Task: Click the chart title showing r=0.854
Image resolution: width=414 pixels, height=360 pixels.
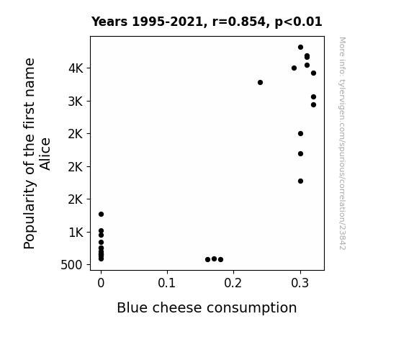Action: [x=207, y=22]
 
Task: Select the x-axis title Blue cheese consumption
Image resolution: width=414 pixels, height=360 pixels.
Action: [x=207, y=308]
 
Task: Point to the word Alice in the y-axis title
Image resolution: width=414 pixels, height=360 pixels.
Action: [x=45, y=154]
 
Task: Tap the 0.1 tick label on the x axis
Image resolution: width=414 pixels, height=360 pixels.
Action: [x=166, y=283]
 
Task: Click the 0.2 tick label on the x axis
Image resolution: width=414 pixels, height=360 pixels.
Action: [x=233, y=283]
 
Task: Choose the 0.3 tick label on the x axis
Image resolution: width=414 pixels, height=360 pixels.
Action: [x=300, y=283]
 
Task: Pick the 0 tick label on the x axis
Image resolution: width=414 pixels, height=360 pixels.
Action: [x=101, y=283]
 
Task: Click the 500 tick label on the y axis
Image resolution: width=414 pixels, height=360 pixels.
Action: [x=71, y=265]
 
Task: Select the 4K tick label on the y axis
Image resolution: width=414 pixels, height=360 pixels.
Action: [x=76, y=68]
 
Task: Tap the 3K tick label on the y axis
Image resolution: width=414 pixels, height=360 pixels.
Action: [x=76, y=102]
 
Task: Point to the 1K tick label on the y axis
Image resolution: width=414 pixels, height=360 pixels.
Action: [x=76, y=233]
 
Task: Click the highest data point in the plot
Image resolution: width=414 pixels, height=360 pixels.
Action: [x=300, y=48]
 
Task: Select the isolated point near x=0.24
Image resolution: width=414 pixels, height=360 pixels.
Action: [x=260, y=82]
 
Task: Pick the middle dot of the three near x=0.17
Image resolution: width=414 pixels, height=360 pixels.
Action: [x=214, y=259]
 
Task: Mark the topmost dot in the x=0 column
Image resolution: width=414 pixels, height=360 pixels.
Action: [x=101, y=215]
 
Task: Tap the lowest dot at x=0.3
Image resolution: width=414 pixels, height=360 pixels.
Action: [x=300, y=181]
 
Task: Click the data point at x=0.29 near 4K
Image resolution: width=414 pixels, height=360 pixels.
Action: [x=294, y=68]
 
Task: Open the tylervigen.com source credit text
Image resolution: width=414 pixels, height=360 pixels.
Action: [x=342, y=143]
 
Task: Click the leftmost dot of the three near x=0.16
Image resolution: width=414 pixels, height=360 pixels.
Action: [x=208, y=260]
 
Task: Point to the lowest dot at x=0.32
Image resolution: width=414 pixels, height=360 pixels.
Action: [x=313, y=105]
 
